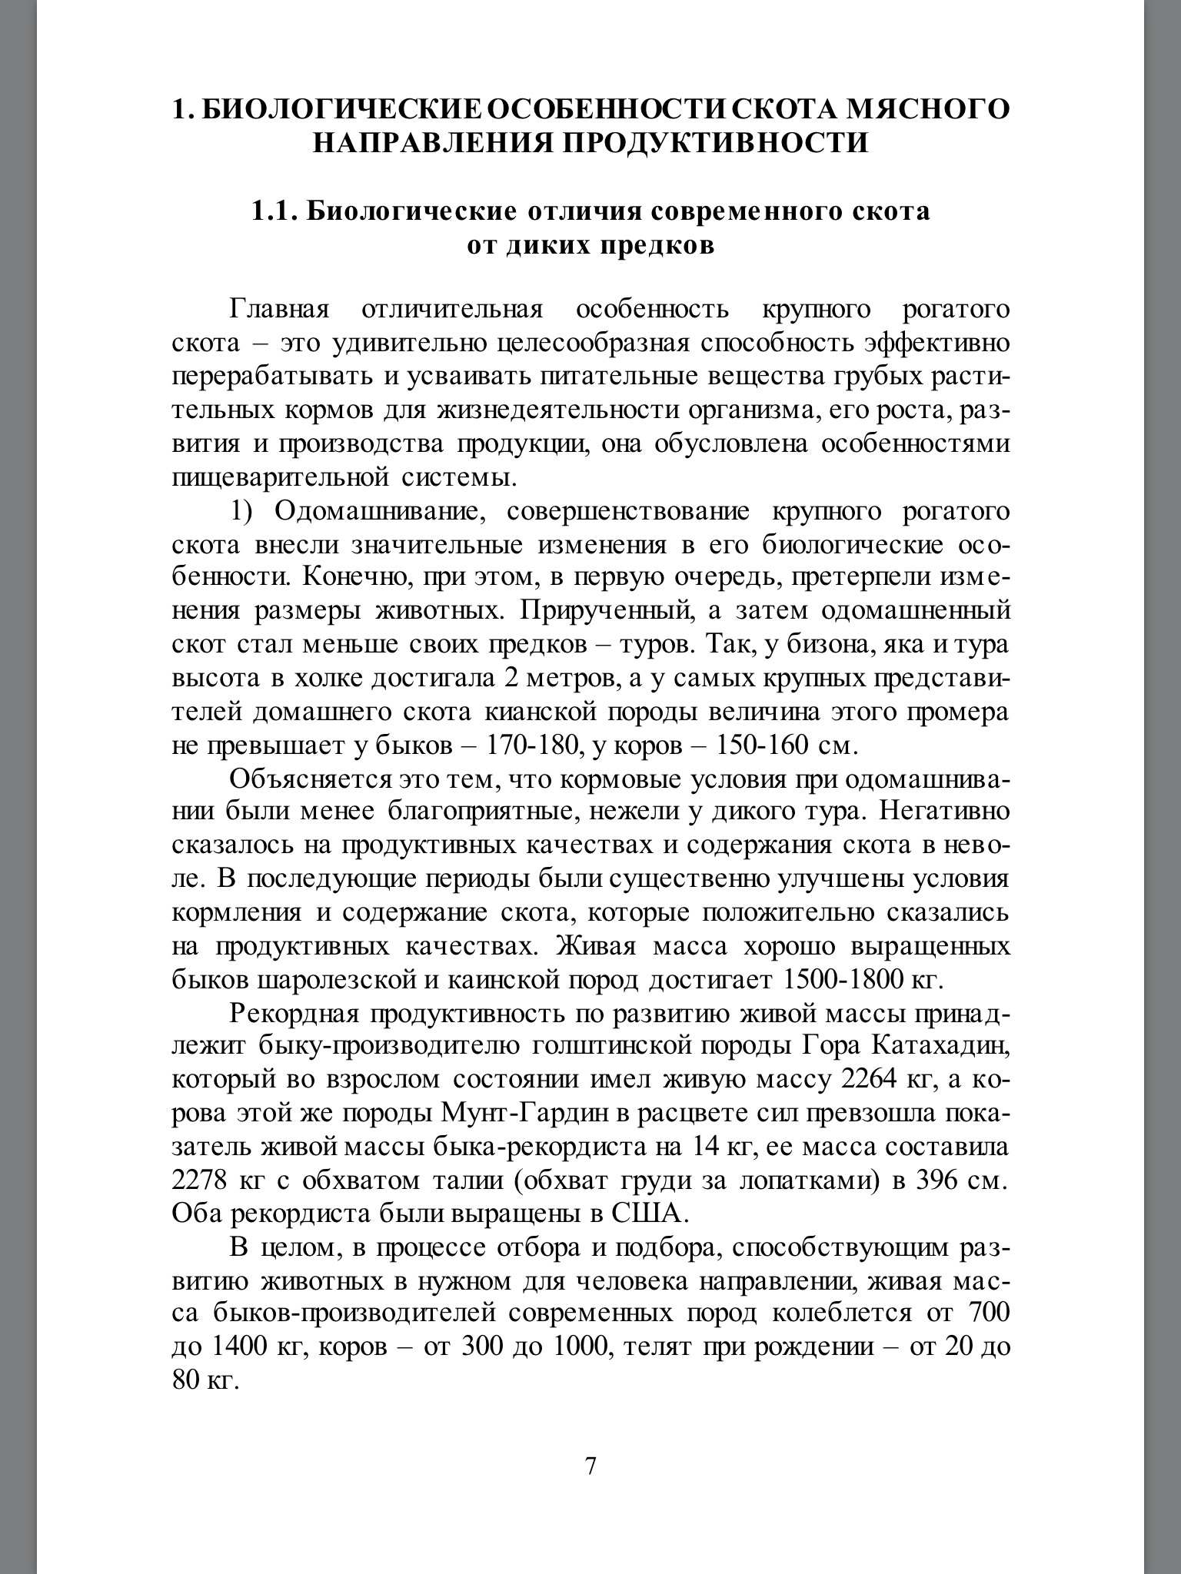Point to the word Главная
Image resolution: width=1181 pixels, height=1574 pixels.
point(279,310)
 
